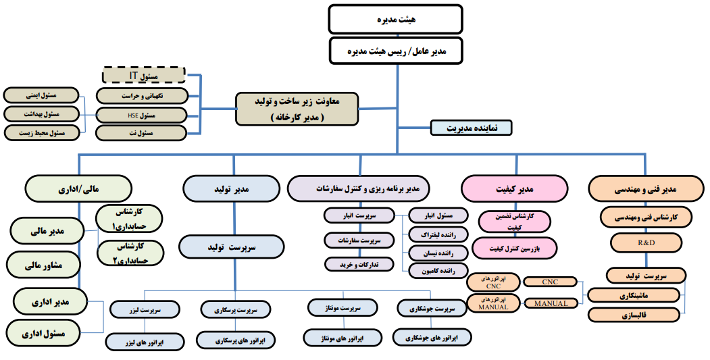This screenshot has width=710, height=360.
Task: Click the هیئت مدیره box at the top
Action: [x=395, y=19]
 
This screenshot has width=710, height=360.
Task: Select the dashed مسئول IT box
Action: [x=143, y=75]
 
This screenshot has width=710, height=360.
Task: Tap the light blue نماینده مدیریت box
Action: [x=471, y=128]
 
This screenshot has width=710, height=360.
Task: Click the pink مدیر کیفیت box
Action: [x=514, y=189]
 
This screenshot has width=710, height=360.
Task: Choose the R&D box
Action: [x=646, y=242]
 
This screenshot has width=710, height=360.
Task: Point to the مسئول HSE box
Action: [x=141, y=115]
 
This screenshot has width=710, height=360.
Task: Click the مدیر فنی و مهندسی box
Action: [x=646, y=189]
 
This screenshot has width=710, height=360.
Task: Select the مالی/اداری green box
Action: [x=78, y=189]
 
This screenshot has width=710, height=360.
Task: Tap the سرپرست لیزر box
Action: [x=145, y=310]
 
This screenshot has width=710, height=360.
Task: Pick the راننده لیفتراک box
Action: [x=438, y=234]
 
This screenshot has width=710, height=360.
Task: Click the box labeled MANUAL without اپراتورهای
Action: [x=551, y=303]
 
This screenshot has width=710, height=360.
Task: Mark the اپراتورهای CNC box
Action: [x=494, y=282]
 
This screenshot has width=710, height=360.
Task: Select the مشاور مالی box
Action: [x=43, y=265]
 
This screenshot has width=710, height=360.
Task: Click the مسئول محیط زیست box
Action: [x=42, y=133]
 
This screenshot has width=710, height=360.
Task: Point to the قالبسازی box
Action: [x=634, y=315]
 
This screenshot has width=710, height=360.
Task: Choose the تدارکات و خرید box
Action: [x=359, y=265]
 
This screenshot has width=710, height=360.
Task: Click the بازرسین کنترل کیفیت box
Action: [x=515, y=248]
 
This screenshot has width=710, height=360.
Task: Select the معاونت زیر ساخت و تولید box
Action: [x=297, y=109]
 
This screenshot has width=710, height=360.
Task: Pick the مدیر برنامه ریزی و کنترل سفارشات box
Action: [x=359, y=189]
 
